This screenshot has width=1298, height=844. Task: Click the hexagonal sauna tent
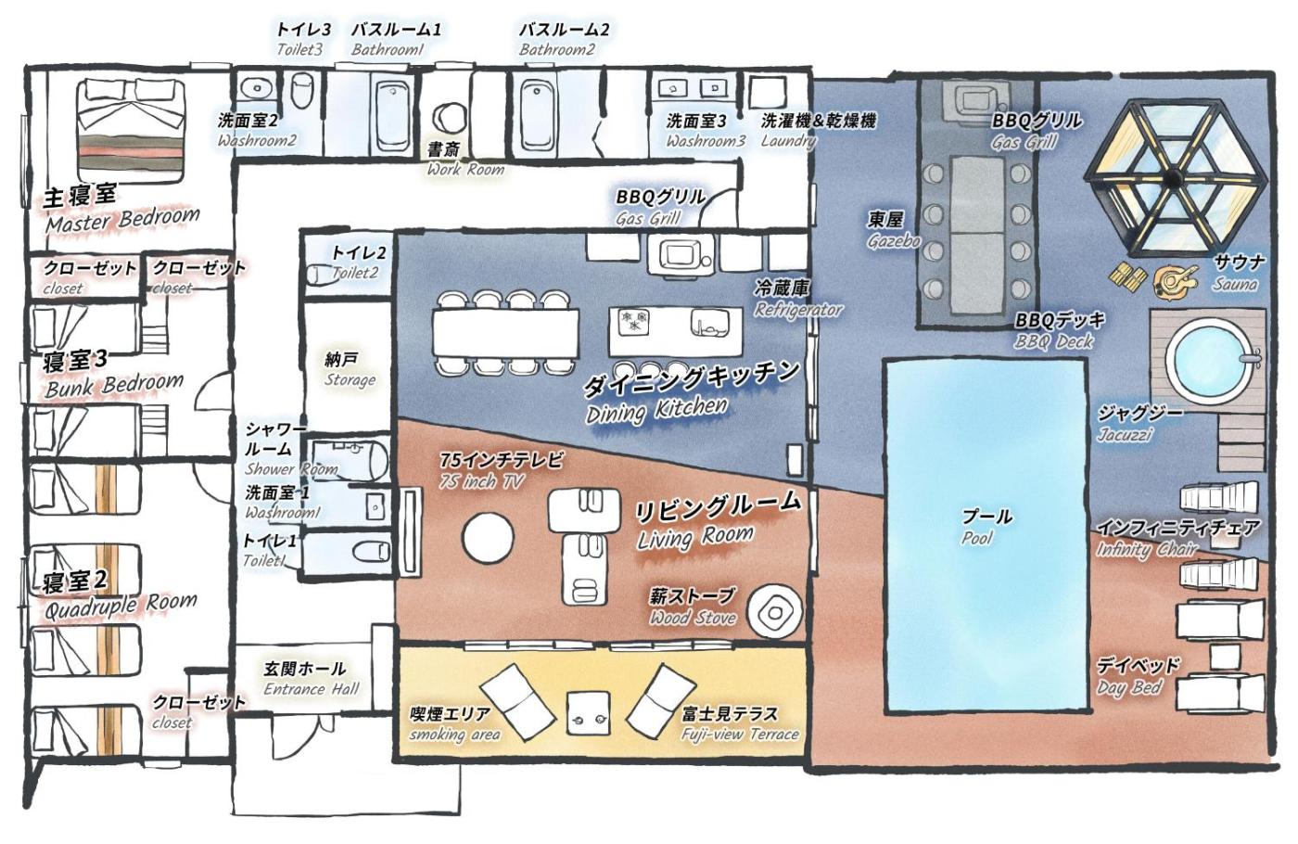(1176, 177)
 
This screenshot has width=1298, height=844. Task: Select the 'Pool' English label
(977, 539)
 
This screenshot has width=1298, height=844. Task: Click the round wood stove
(774, 612)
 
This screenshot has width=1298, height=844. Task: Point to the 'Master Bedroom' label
(122, 220)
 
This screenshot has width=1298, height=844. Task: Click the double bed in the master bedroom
(133, 130)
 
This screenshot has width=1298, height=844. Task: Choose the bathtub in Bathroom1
(393, 117)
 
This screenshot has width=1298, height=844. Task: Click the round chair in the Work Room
(449, 118)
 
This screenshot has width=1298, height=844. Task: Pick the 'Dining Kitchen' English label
(656, 410)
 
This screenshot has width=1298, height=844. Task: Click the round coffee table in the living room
(488, 537)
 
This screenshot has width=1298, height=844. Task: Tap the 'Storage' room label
(350, 380)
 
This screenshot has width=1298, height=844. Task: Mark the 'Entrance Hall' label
(312, 689)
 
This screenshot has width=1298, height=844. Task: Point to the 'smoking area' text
(454, 735)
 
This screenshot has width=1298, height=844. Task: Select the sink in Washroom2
(255, 89)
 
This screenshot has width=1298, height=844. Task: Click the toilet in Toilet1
(371, 551)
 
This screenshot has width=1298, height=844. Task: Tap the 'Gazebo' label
(894, 240)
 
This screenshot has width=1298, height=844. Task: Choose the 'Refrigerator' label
(798, 310)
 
